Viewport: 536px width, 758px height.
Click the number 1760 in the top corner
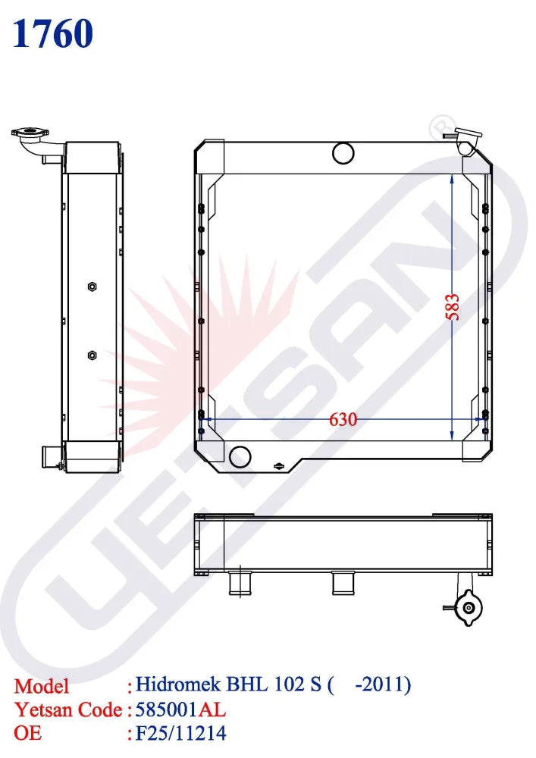52,33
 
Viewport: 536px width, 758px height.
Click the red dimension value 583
453,307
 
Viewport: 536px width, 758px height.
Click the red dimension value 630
343,419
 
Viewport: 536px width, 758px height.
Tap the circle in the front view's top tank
343,153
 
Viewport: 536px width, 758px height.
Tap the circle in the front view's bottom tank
240,456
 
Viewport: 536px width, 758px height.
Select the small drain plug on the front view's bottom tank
279,465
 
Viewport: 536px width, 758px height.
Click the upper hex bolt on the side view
92,287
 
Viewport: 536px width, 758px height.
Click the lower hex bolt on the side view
92,356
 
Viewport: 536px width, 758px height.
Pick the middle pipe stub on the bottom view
343,584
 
